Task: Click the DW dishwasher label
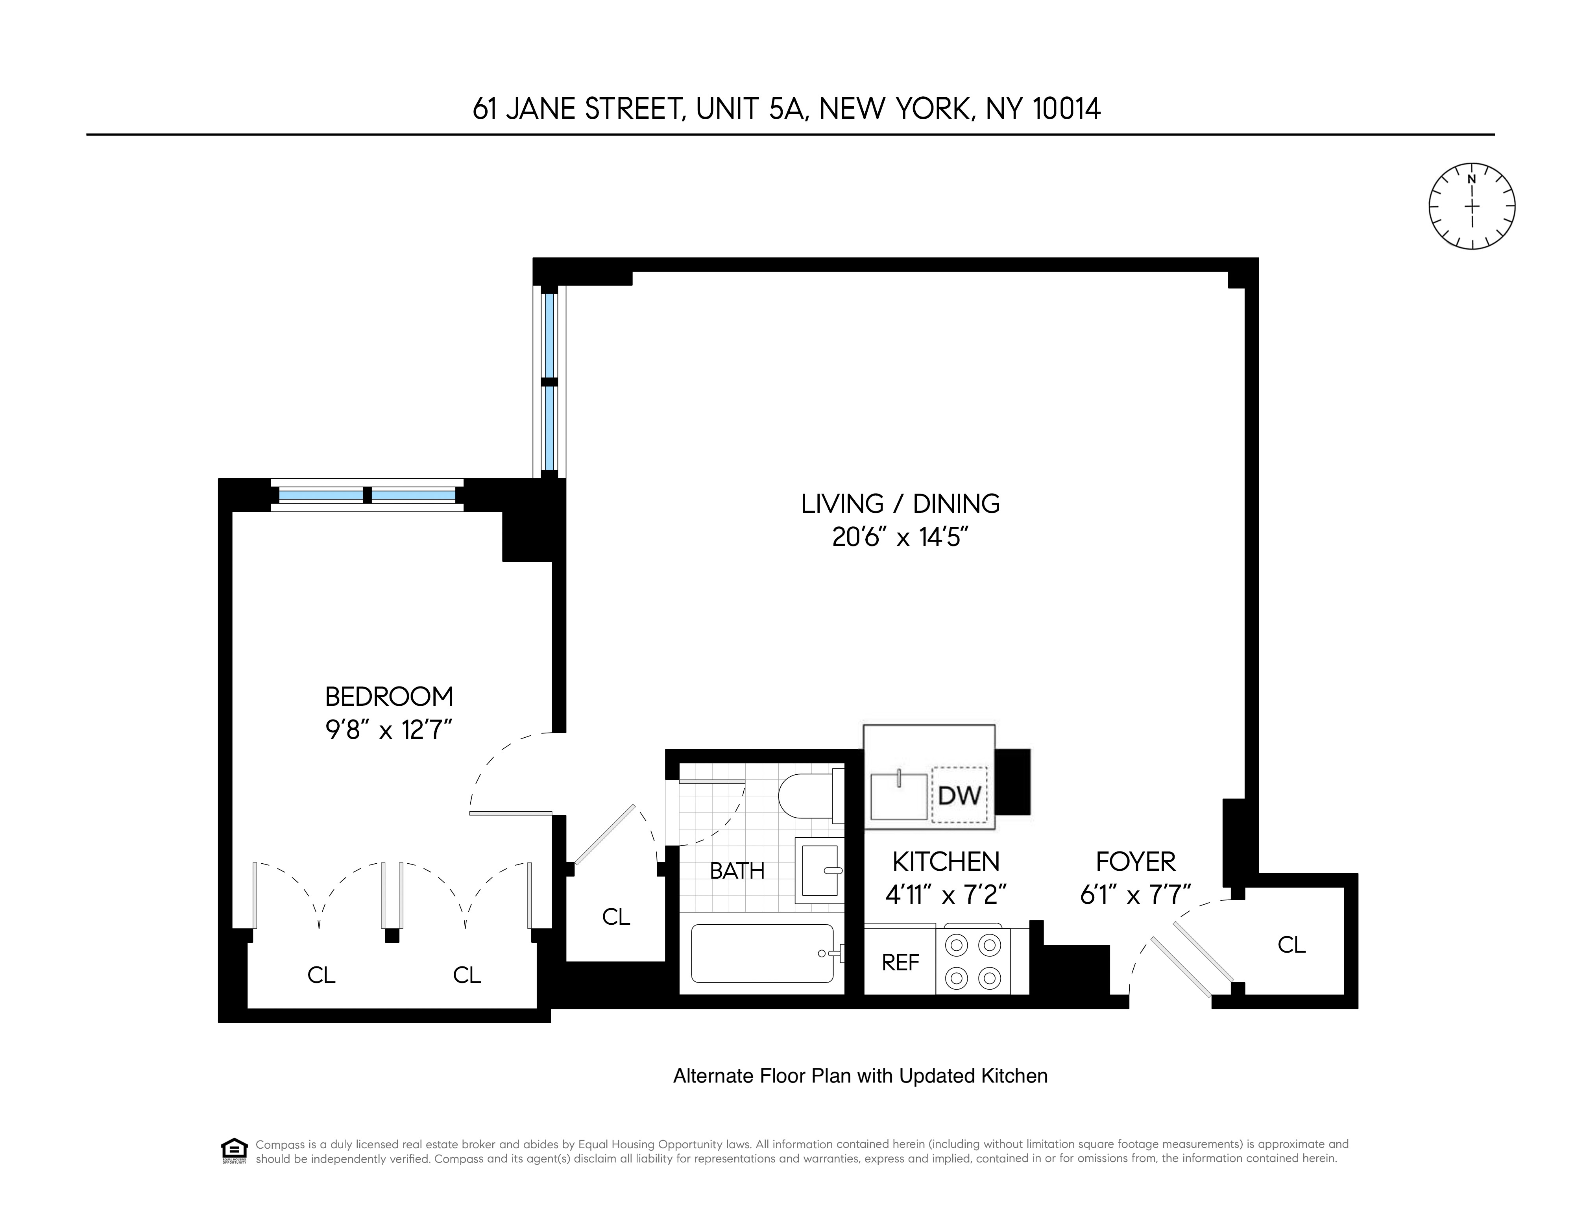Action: pyautogui.click(x=959, y=795)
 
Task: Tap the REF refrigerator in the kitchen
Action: pyautogui.click(x=900, y=962)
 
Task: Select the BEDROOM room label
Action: pyautogui.click(x=389, y=697)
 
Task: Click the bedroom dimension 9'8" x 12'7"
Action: pyautogui.click(x=389, y=731)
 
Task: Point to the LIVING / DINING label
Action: pyautogui.click(x=900, y=504)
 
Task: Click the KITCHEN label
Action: pyautogui.click(x=946, y=861)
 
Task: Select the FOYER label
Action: pyautogui.click(x=1135, y=861)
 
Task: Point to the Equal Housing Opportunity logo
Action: pyautogui.click(x=233, y=1150)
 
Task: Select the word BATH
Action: pyautogui.click(x=737, y=871)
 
